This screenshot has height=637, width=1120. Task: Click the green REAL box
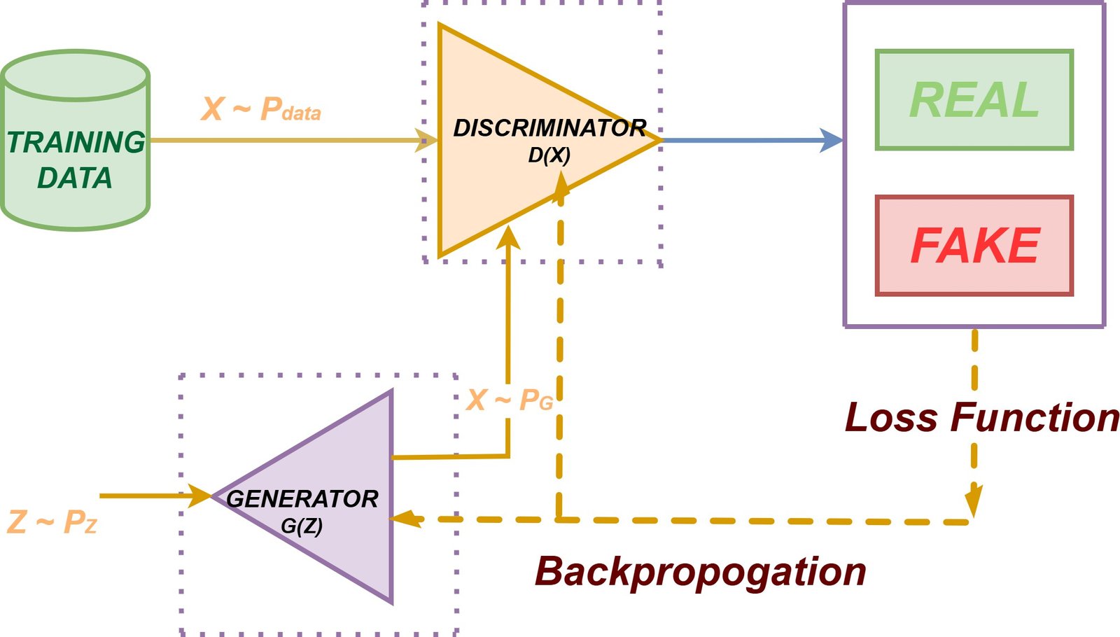coord(974,99)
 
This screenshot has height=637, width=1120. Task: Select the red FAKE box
coord(974,245)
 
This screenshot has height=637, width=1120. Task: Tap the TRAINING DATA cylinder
coord(75,140)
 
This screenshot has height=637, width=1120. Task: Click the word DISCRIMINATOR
coord(549,128)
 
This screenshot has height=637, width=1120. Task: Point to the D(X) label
coord(549,155)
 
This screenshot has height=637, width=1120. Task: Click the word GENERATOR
coord(302,499)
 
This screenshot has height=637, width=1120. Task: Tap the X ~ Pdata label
coord(260,109)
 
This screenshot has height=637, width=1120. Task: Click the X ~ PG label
coord(509,400)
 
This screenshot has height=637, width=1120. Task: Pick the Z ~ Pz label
coord(51,522)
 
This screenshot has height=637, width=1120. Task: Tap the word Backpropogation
coord(700,571)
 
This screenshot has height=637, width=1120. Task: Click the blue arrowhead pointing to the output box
coord(832,140)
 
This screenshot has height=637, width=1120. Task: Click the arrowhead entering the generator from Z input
coord(200,496)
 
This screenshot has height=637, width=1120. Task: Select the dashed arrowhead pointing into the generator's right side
coord(404,519)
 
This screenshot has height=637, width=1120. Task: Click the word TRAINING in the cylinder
coord(76,142)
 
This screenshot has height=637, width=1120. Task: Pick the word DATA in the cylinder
coord(74,178)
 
